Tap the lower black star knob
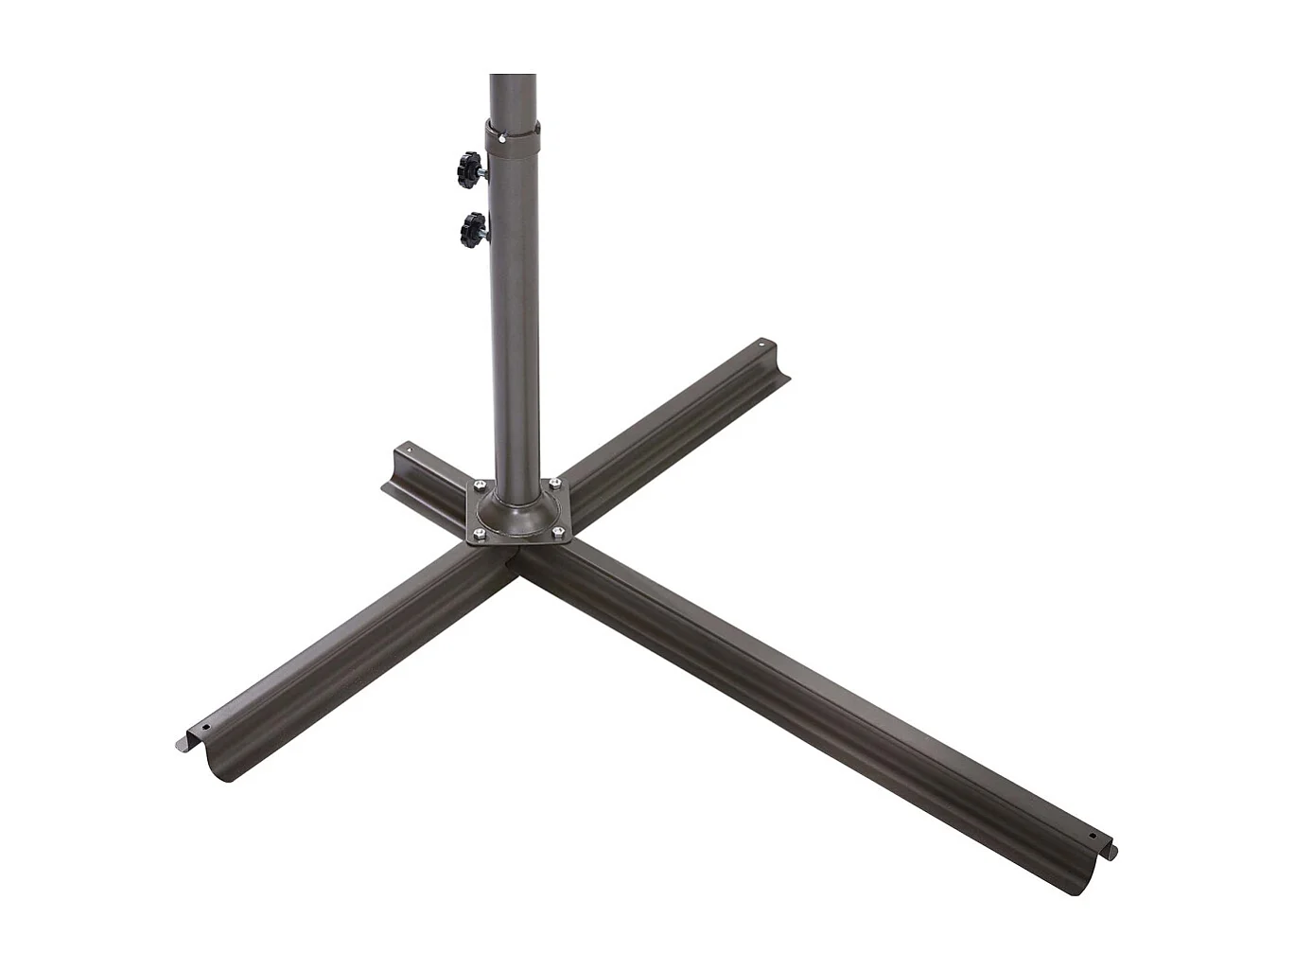pos(470,227)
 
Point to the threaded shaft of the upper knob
pos(482,171)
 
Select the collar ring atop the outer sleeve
pos(513,133)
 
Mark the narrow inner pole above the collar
pos(513,95)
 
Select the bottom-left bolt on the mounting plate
pos(479,538)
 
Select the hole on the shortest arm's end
pos(410,451)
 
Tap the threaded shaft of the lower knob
pos(485,227)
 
